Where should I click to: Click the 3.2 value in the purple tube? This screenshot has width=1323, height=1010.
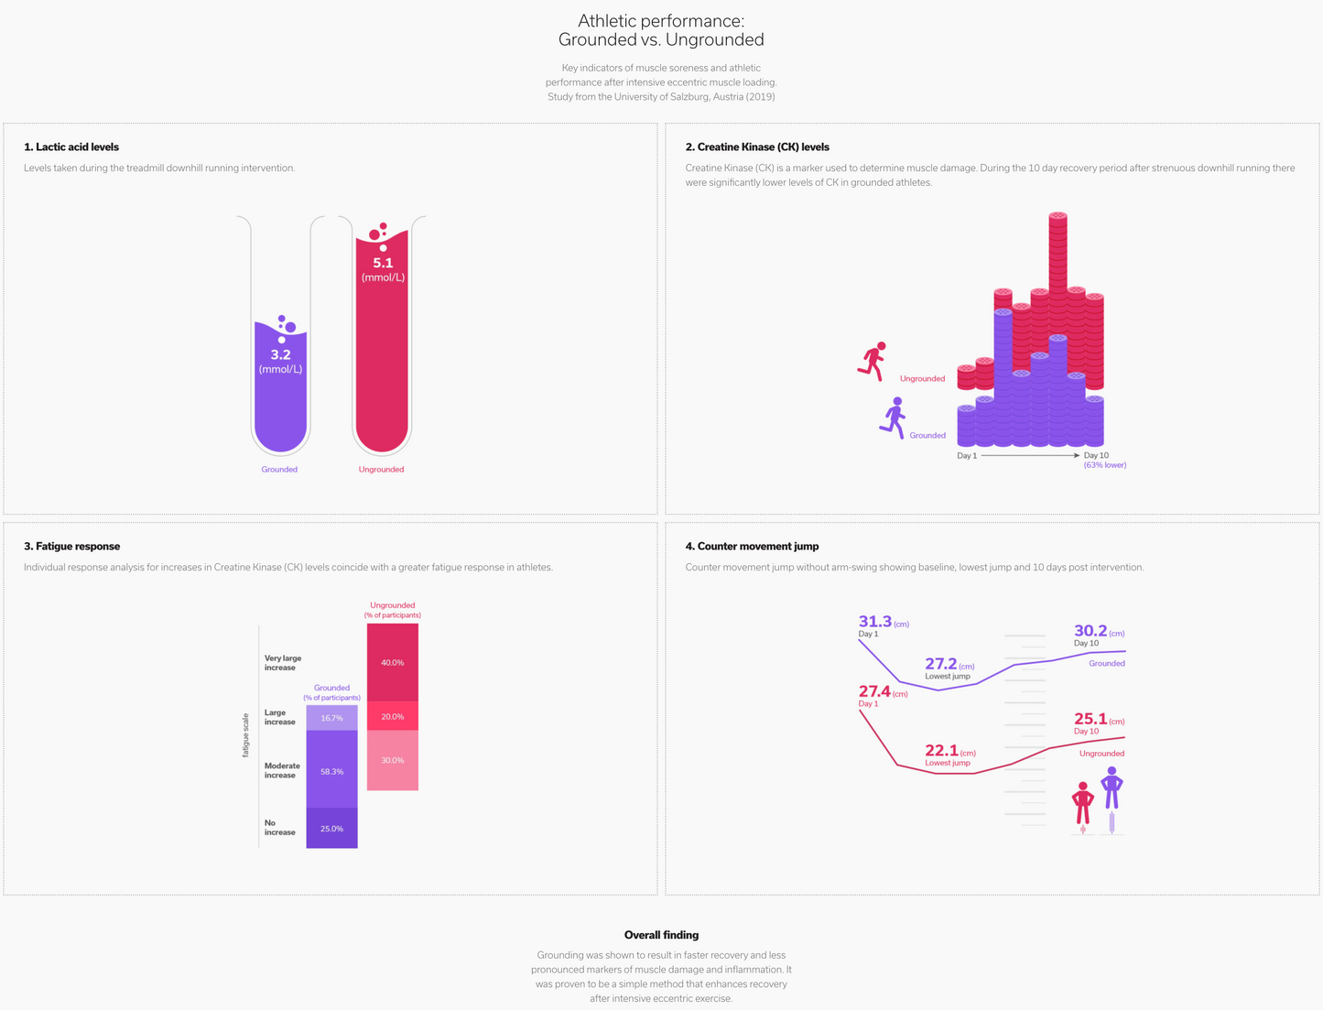pyautogui.click(x=280, y=354)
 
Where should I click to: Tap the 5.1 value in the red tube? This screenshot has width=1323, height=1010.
pyautogui.click(x=383, y=263)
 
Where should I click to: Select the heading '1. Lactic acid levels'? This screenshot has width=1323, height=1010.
pyautogui.click(x=71, y=147)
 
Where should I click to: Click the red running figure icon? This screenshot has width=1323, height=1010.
pyautogui.click(x=873, y=362)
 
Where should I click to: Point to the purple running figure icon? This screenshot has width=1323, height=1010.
pyautogui.click(x=894, y=418)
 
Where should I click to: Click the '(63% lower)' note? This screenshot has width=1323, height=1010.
pyautogui.click(x=1105, y=465)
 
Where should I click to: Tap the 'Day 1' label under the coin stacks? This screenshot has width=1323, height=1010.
pyautogui.click(x=967, y=455)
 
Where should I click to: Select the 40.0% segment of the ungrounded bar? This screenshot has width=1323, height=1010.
pyautogui.click(x=393, y=662)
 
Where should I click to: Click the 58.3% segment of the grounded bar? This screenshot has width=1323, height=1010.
pyautogui.click(x=331, y=771)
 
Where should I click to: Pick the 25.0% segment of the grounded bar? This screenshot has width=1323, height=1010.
pyautogui.click(x=331, y=829)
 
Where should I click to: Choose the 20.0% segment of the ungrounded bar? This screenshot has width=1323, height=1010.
pyautogui.click(x=393, y=717)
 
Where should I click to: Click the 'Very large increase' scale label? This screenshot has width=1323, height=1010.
pyautogui.click(x=282, y=662)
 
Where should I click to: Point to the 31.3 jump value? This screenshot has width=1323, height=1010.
pyautogui.click(x=875, y=622)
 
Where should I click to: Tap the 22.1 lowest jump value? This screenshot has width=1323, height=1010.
pyautogui.click(x=941, y=751)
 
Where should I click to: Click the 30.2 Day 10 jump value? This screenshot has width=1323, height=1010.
pyautogui.click(x=1090, y=630)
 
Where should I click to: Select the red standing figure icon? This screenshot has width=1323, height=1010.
pyautogui.click(x=1083, y=804)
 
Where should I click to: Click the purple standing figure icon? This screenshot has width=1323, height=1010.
pyautogui.click(x=1112, y=788)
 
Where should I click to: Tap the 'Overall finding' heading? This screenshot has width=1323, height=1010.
pyautogui.click(x=661, y=935)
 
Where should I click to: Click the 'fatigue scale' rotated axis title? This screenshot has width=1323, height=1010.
pyautogui.click(x=245, y=734)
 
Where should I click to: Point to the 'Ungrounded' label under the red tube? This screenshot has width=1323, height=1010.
pyautogui.click(x=381, y=469)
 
